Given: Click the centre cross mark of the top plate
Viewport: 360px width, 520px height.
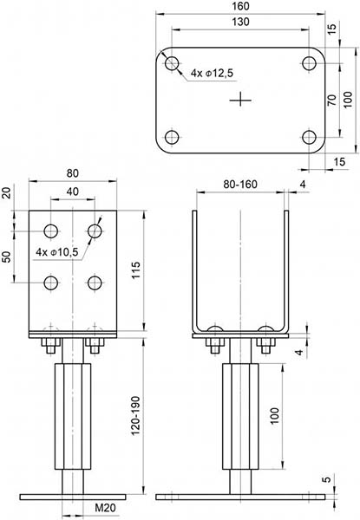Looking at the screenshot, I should [240, 101].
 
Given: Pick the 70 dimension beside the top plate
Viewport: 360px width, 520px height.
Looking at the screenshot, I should [331, 101].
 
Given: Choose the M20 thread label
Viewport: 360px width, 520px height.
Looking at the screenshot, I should [104, 508].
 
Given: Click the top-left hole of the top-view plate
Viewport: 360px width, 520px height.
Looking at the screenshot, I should [172, 63].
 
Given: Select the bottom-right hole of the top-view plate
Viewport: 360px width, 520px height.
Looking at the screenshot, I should [310, 137].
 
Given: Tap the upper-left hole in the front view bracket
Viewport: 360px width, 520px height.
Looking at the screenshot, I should [51, 231].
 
